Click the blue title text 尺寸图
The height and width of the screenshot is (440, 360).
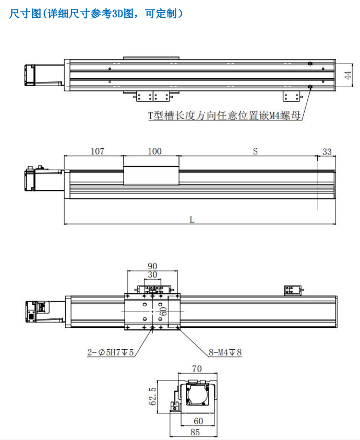point(25,13)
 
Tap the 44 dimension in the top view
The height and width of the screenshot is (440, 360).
point(347,75)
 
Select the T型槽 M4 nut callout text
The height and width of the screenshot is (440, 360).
point(224,115)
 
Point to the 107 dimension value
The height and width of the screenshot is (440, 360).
point(98,151)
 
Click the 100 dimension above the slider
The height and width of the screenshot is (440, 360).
point(154,151)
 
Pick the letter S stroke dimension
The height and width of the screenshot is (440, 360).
point(255,151)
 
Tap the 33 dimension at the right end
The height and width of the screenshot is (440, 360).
point(327,151)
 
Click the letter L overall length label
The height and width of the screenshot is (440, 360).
point(192,219)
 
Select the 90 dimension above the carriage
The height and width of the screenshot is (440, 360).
point(152,266)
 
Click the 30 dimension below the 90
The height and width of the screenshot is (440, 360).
point(152,275)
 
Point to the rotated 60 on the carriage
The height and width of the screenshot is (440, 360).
point(163,311)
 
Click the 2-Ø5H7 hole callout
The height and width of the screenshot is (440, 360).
point(110,352)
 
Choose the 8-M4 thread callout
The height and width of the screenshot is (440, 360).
point(225,352)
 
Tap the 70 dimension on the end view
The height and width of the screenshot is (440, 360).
point(197,368)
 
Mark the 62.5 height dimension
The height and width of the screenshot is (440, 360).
point(152,396)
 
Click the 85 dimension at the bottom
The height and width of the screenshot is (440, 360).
point(195,432)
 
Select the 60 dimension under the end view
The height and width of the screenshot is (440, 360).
point(198,421)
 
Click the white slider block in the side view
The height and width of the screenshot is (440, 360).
point(151,175)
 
